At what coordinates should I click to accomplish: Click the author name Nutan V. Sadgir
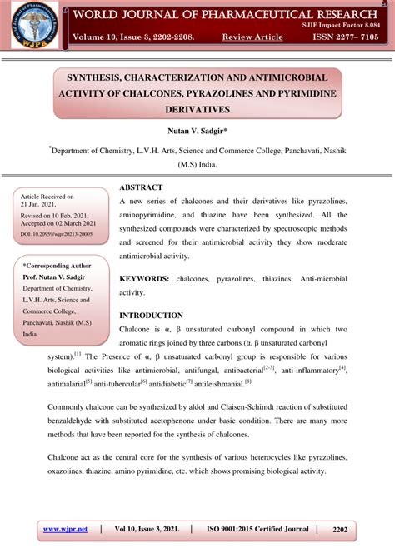(x=197, y=131)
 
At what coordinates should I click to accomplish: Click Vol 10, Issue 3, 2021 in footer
(x=147, y=529)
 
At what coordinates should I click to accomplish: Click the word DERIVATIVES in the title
(x=197, y=109)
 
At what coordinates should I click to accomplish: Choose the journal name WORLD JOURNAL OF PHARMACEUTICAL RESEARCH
(x=224, y=14)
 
